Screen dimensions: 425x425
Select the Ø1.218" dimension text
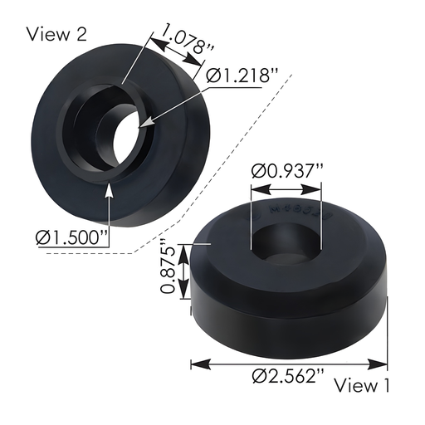point(240,76)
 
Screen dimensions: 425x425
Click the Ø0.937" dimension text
point(287,172)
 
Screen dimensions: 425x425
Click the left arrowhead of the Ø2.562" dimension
point(196,363)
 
